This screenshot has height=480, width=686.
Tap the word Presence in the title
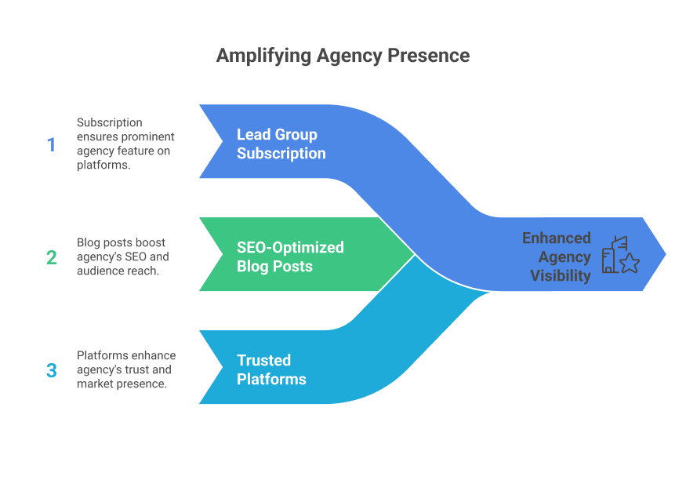click(x=433, y=56)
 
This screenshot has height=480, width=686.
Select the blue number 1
click(x=52, y=145)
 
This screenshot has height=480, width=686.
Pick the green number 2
click(x=52, y=257)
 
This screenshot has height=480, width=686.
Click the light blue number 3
click(x=52, y=370)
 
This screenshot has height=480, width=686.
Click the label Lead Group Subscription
click(x=281, y=144)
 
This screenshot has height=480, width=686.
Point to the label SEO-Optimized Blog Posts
click(x=290, y=256)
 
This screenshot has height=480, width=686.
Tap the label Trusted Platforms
click(x=271, y=369)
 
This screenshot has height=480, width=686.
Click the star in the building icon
click(x=630, y=264)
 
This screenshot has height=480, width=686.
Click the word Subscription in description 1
click(x=109, y=122)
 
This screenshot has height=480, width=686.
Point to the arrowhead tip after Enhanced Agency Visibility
click(x=665, y=253)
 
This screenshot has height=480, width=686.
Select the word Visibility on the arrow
click(x=560, y=275)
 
